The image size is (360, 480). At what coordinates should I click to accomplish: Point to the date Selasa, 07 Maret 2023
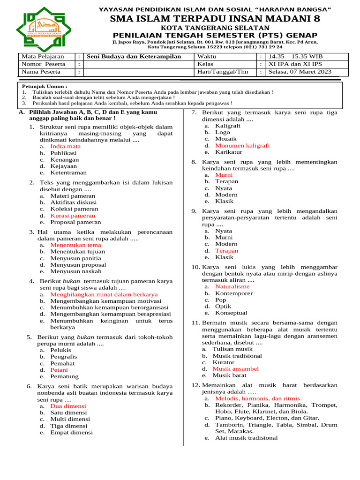300,72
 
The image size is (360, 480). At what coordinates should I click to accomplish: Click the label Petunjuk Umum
45,87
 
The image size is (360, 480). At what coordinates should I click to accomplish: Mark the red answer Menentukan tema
75,245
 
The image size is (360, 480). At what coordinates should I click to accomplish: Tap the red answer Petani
59,369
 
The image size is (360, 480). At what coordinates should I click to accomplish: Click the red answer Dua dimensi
68,406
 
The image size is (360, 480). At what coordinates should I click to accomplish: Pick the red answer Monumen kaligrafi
242,145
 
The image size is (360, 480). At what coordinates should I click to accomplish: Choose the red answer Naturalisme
232,286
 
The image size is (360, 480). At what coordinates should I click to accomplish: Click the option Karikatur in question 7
229,152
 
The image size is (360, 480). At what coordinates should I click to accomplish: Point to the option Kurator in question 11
223,362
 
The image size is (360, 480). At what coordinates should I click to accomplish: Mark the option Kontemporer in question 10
234,293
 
